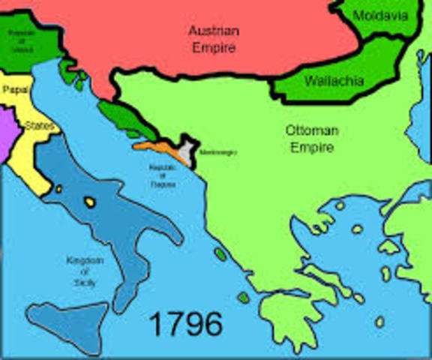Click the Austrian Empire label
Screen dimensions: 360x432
pyautogui.click(x=213, y=39)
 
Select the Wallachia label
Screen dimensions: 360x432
pyautogui.click(x=333, y=80)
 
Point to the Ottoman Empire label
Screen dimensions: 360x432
pyautogui.click(x=311, y=139)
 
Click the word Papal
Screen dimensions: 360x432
pyautogui.click(x=15, y=89)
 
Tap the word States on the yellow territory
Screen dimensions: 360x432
pyautogui.click(x=39, y=126)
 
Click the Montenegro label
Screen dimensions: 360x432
pyautogui.click(x=217, y=152)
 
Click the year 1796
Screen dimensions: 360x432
pyautogui.click(x=185, y=324)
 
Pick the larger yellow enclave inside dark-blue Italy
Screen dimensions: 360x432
pyautogui.click(x=90, y=202)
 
